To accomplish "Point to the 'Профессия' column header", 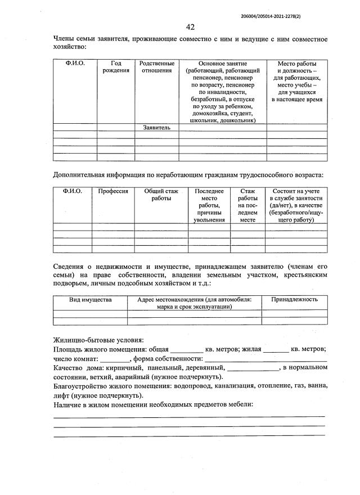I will point(113,191).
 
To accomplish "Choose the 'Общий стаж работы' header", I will point(161,195).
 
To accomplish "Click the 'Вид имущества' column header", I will point(90,300).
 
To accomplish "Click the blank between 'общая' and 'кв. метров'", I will point(186,349).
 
